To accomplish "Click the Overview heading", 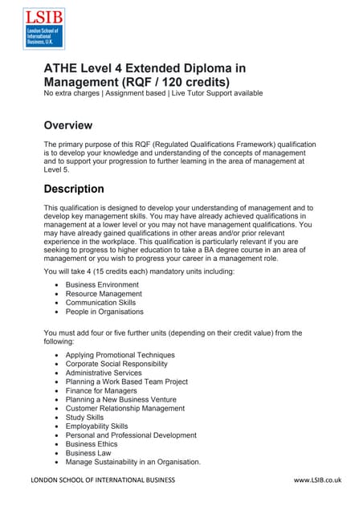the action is coord(68,125).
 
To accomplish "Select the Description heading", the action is coord(74,190).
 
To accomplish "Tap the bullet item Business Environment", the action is coord(102,285).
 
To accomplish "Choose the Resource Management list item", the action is coord(104,294).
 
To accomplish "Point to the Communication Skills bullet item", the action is coord(104,303).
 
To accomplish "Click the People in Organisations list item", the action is coord(104,312).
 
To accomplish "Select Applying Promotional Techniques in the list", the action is coord(120,355).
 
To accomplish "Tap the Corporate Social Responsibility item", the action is coord(120,364).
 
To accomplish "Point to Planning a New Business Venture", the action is coord(120,399).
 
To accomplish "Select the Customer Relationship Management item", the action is coord(125,409).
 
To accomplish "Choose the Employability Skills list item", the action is coord(96,426).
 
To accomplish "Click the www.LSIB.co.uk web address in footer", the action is coord(318,480).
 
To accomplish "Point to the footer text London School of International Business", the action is coord(102,480).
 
